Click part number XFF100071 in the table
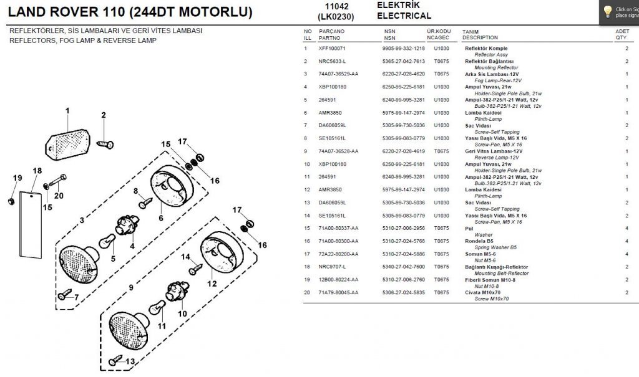332,48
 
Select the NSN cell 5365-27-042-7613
403,61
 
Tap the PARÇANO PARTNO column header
332,34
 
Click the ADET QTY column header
622,34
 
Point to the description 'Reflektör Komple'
486,48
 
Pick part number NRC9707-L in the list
332,267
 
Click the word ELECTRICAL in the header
404,16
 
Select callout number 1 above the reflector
67,111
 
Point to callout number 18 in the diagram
37,171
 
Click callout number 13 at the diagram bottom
130,361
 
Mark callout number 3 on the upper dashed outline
81,220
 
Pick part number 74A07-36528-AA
338,151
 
